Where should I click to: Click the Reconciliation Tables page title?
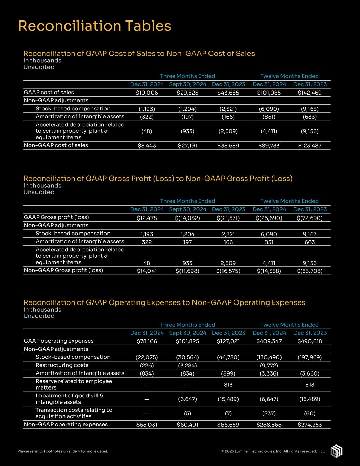click(95, 26)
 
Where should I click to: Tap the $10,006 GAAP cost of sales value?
click(147, 93)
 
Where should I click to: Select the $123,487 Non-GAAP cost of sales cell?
click(309, 146)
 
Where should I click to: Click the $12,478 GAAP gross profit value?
click(147, 218)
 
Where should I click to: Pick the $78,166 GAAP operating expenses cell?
click(147, 341)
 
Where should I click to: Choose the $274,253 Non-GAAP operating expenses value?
click(309, 425)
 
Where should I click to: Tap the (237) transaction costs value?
click(269, 413)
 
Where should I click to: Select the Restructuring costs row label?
click(57, 365)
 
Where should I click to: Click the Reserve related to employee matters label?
click(73, 384)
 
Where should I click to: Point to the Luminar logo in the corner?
click(336, 451)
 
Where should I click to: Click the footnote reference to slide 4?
click(63, 451)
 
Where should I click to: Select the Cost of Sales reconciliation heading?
click(139, 54)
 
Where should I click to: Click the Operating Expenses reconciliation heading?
click(164, 302)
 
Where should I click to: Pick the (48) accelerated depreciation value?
click(147, 131)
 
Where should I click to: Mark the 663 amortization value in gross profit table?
click(309, 242)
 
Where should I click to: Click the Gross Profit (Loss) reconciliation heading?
click(158, 179)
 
